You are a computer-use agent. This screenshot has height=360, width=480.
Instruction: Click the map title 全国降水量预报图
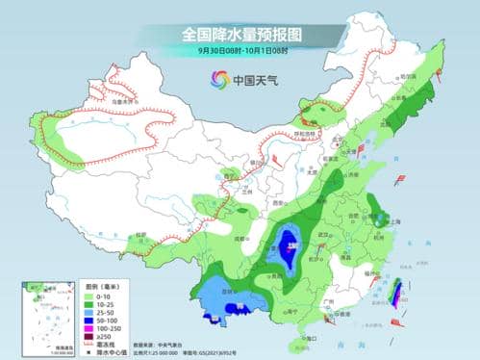point(240,35)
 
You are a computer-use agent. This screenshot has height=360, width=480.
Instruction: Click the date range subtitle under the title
point(240,50)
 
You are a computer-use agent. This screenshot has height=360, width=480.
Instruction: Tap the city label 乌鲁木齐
point(118,99)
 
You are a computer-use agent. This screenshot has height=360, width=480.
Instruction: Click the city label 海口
point(309,339)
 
